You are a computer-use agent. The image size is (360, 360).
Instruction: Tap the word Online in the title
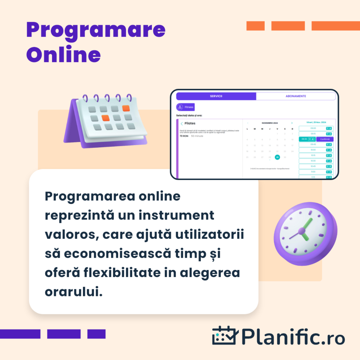[x=63, y=55]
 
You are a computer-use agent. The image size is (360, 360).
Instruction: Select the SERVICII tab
[x=216, y=96]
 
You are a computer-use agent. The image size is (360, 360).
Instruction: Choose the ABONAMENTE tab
[x=296, y=96]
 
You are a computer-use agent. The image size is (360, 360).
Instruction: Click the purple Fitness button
[x=186, y=107]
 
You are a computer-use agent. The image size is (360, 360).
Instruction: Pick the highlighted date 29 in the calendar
[x=277, y=157]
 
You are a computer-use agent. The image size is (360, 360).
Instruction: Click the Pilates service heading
[x=190, y=123]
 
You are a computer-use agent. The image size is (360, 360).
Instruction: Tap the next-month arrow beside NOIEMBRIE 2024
[x=292, y=123]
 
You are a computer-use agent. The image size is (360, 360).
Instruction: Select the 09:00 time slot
[x=313, y=128]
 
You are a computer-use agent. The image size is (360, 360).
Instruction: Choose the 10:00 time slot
[x=313, y=150]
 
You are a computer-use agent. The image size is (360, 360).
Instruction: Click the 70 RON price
[x=184, y=136]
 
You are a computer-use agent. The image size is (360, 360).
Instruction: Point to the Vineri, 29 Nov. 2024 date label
[x=316, y=122]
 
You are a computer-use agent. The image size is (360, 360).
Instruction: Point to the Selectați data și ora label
[x=189, y=115]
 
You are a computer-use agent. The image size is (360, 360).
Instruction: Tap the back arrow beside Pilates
[x=181, y=124]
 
